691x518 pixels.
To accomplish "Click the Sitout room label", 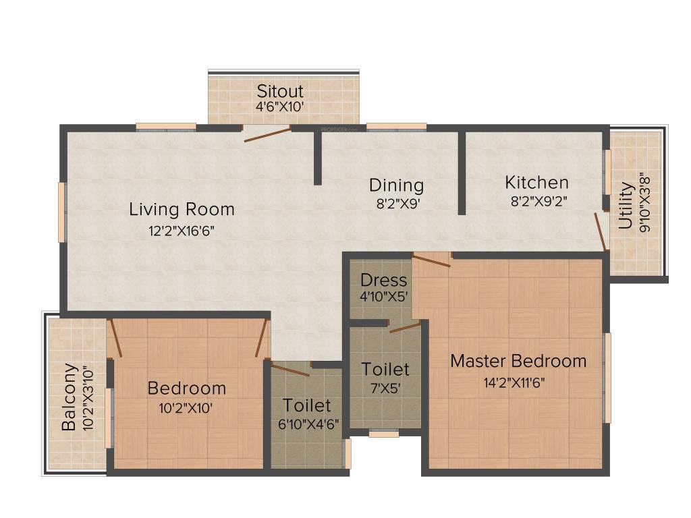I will coord(280,90).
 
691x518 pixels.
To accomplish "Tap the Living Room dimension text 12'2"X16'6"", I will coord(182,231).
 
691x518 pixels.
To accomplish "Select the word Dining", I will coord(396,185).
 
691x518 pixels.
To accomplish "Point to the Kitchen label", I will coord(536,182).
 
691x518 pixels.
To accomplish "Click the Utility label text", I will coord(626,205).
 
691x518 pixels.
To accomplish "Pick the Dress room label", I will coord(383,280).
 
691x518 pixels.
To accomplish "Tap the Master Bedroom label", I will coord(518,361).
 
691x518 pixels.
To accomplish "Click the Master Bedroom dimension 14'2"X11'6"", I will coord(514,383).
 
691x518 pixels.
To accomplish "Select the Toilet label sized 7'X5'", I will coord(385,369).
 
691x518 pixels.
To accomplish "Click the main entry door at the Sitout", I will coord(267,134).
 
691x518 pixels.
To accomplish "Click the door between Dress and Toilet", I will coord(405,327).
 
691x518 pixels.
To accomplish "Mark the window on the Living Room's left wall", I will coord(62,212).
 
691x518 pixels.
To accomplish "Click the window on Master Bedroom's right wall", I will coord(607,378).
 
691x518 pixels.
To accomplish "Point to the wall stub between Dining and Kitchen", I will coord(462,173).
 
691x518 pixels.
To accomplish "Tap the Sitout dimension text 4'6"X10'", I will coord(280,107).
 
